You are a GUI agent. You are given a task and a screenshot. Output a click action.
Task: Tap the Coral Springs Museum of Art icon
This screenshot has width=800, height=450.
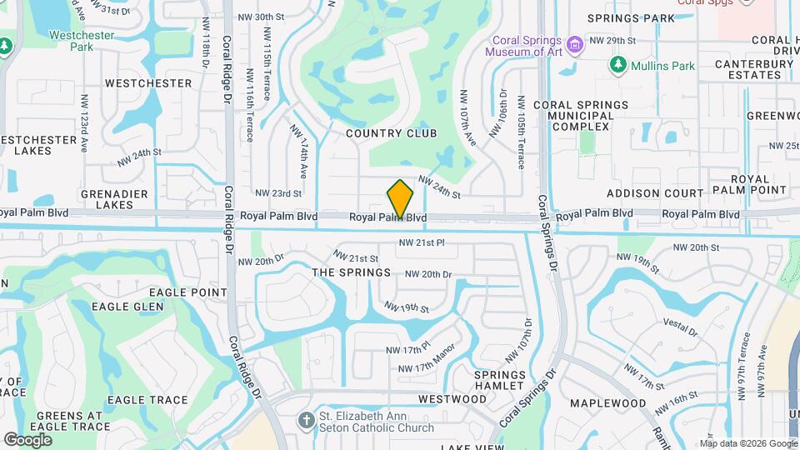[573, 43]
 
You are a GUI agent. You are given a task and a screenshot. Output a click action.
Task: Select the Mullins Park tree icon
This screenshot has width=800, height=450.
[617, 64]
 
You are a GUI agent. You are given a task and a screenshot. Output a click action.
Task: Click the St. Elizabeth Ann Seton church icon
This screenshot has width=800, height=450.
[307, 421]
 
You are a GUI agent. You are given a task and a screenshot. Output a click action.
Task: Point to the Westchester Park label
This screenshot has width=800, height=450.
[82, 41]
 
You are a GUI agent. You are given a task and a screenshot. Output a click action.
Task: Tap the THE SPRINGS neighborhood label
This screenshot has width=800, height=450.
[351, 272]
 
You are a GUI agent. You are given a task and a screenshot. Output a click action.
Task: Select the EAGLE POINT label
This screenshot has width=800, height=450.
[187, 292]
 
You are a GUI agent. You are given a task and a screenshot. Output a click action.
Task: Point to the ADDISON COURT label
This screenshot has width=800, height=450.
[655, 193]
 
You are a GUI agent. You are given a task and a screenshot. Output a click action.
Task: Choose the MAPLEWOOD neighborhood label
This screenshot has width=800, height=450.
[607, 403]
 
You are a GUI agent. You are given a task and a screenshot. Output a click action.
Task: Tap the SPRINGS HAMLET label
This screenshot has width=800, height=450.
[500, 380]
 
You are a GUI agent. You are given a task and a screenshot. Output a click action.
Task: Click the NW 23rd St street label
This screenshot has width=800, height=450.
[278, 193]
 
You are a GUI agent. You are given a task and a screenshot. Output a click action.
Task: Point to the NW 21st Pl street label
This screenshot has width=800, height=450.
[422, 242]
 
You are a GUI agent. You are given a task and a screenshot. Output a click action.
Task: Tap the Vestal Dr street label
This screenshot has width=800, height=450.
[680, 326]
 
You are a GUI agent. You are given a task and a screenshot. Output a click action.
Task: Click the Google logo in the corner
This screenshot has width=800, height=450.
[27, 439]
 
